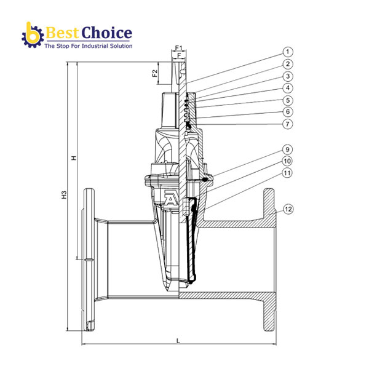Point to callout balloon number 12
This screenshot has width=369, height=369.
point(288,209)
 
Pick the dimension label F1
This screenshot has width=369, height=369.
point(178,47)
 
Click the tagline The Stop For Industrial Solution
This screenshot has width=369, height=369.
point(87,46)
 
